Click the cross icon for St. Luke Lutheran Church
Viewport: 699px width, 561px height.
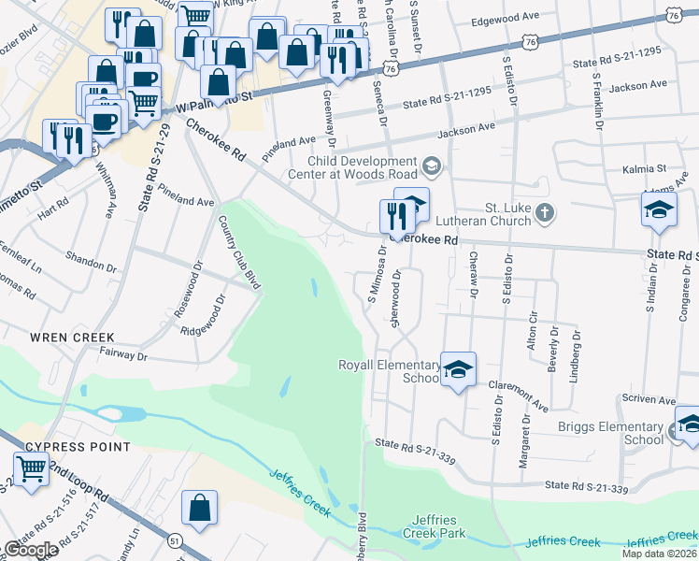(546, 214)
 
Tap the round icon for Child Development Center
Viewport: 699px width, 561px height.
(431, 167)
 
